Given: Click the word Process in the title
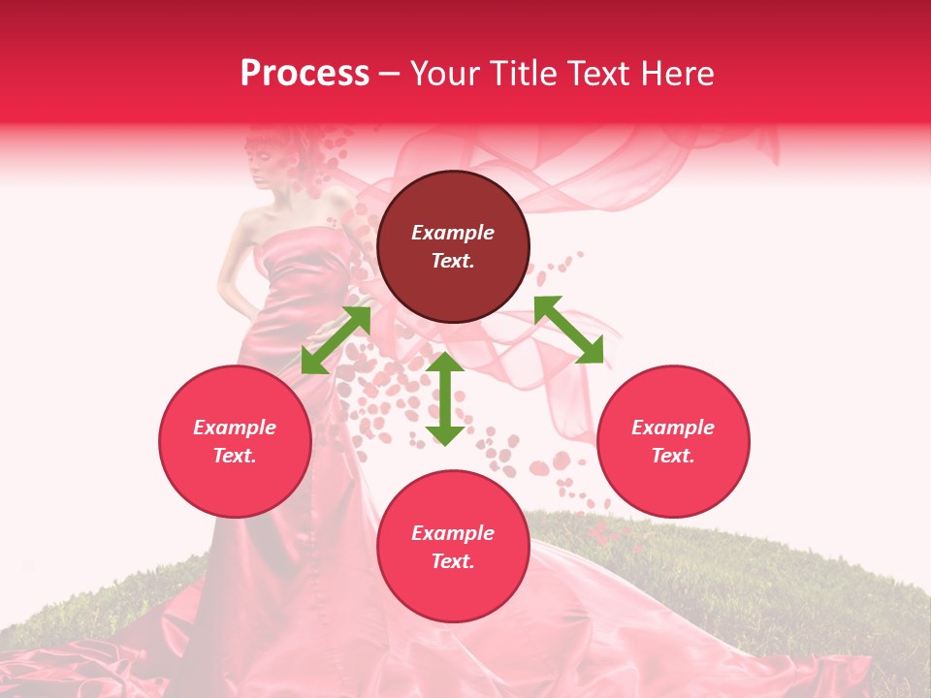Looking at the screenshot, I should [305, 74].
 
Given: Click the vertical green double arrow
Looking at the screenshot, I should [445, 399].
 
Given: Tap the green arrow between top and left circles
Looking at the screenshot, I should [336, 340].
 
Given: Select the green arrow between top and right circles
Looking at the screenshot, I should [568, 330].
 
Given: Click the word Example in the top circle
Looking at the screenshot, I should [453, 233].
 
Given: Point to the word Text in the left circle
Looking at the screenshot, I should [235, 456].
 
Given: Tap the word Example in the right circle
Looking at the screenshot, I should [673, 428].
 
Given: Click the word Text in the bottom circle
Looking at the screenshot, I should [453, 561].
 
